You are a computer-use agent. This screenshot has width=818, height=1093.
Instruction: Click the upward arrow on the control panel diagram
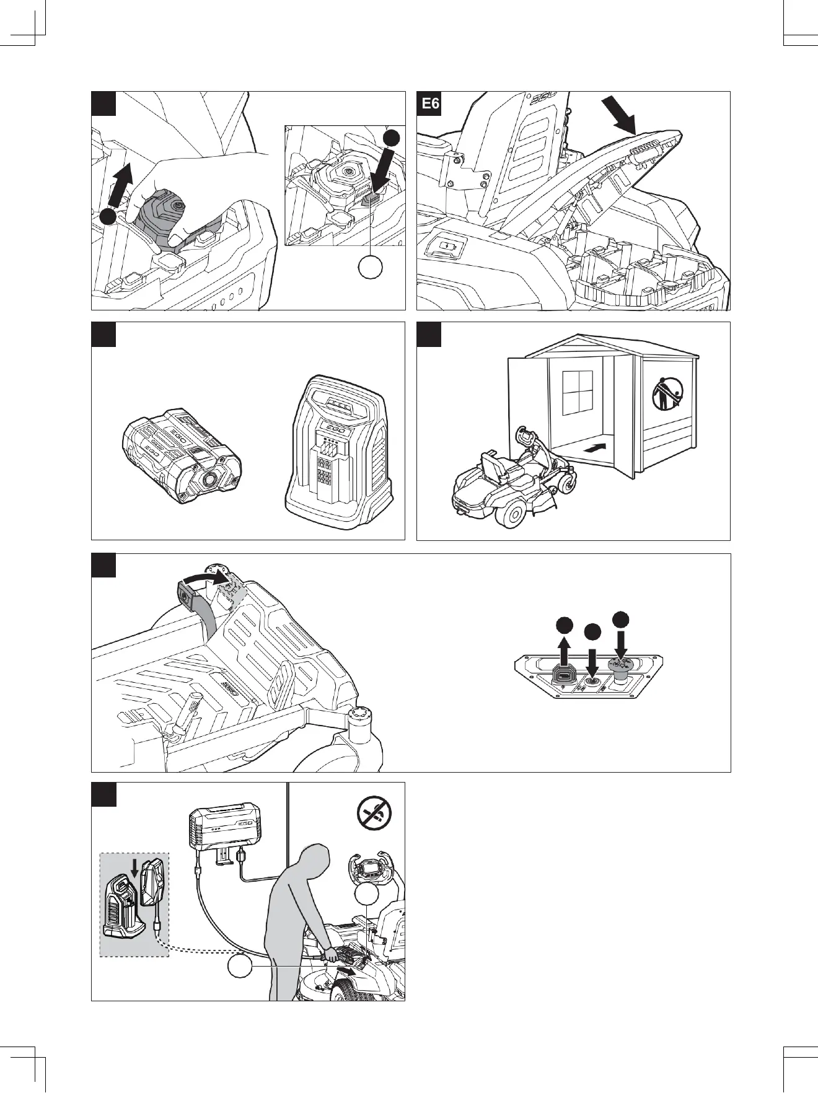[x=564, y=650]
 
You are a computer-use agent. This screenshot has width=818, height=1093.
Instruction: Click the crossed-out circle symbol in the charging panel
[x=374, y=812]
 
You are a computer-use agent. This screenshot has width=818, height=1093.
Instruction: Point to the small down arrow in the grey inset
[x=134, y=868]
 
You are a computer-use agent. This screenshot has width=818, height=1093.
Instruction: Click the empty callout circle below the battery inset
[x=371, y=267]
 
